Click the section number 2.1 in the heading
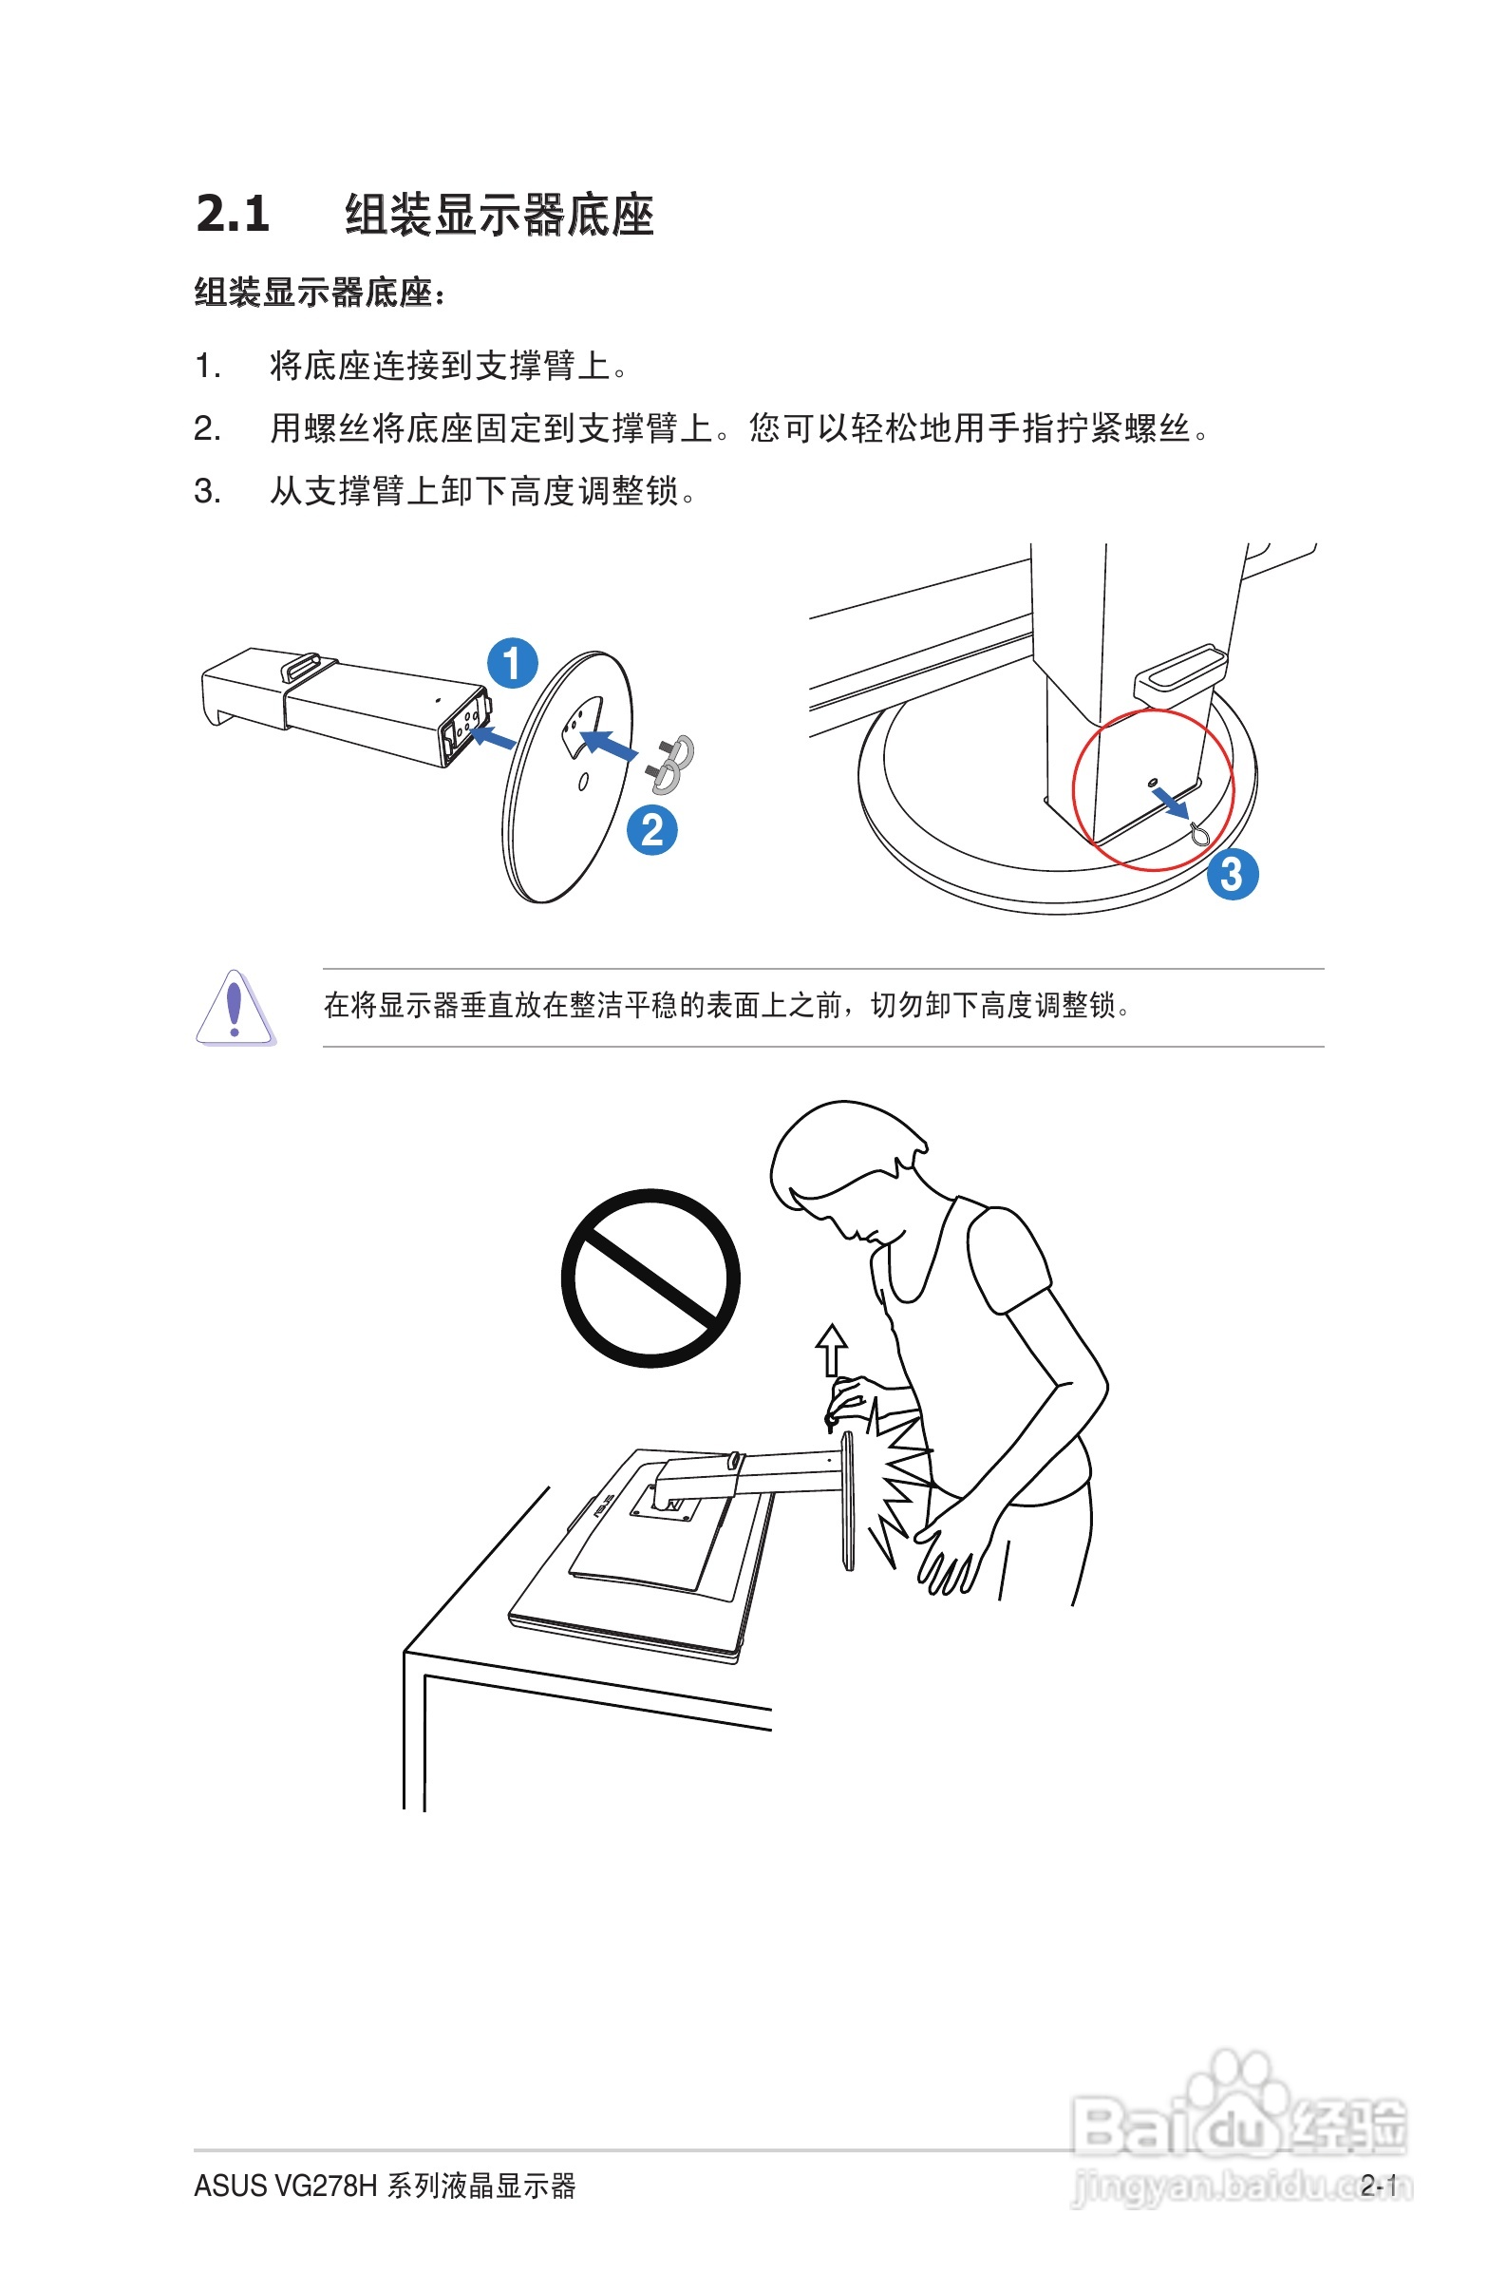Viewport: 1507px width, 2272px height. point(232,214)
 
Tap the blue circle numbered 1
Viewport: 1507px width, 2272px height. point(512,662)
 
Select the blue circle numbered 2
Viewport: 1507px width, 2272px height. point(651,830)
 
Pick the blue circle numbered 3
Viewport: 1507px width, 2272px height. point(1233,874)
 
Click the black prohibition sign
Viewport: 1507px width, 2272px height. point(650,1278)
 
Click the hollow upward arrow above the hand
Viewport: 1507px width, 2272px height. point(831,1351)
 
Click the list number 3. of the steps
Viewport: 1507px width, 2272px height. point(207,491)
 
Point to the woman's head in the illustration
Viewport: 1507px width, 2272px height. point(846,1171)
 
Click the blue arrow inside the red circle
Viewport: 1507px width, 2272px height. point(1172,804)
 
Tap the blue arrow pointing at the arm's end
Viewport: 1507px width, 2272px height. point(493,737)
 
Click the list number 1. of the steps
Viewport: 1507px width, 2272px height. point(207,367)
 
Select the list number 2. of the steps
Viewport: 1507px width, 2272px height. point(207,428)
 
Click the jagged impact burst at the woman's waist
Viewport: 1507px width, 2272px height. point(898,1480)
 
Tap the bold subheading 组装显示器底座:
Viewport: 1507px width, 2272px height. point(320,293)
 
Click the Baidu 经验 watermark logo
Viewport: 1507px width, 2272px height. point(1240,2124)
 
